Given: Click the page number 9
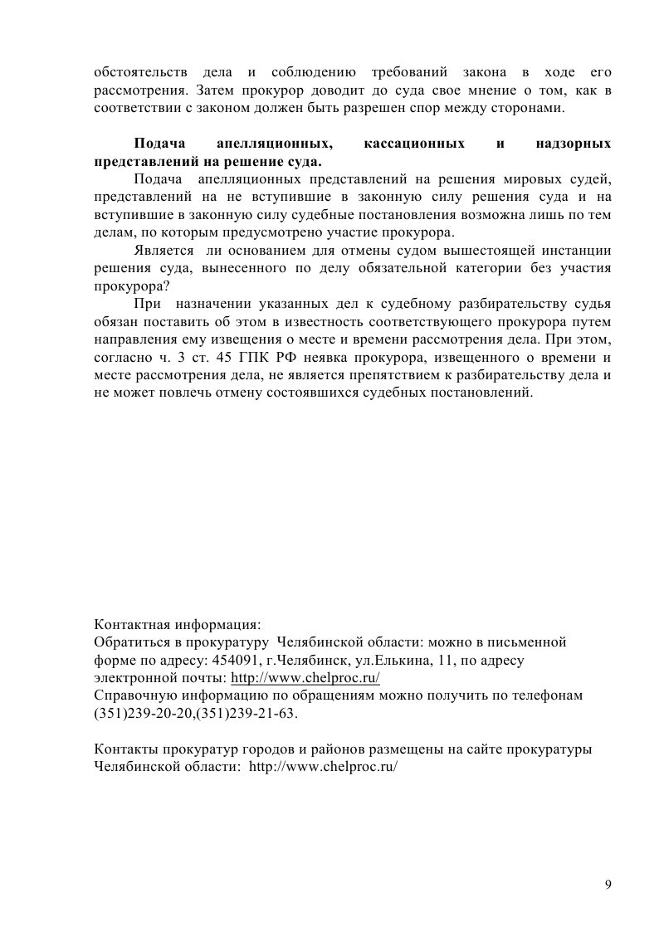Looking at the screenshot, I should coord(609,885).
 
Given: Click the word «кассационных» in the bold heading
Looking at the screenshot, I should coord(414,144).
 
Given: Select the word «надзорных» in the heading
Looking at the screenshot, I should coord(574,144).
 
